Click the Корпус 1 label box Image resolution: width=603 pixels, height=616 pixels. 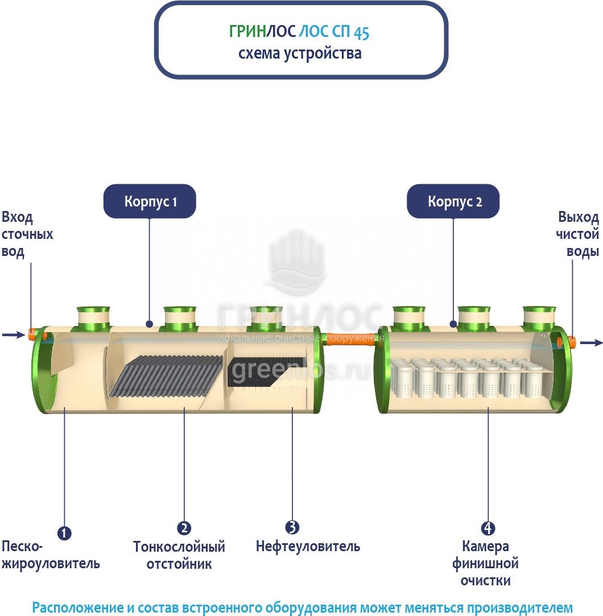150,201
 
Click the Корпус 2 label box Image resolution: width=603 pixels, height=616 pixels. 453,201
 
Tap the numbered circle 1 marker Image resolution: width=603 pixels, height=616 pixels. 64,533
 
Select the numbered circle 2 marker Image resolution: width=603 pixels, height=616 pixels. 184,528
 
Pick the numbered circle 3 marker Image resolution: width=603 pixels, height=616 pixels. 292,527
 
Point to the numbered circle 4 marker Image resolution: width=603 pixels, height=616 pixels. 488,528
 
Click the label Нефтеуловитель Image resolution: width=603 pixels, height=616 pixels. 308,547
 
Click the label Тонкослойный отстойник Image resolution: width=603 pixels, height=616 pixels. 179,555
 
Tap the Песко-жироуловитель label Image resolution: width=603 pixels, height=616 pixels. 51,555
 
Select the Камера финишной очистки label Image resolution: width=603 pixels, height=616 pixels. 485,564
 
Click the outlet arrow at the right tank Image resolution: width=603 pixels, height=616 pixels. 590,342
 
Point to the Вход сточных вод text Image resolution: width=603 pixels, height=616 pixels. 27,234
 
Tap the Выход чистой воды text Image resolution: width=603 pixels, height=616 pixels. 577,234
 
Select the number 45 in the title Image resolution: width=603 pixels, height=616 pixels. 361,33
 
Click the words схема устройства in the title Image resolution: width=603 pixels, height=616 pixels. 300,53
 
